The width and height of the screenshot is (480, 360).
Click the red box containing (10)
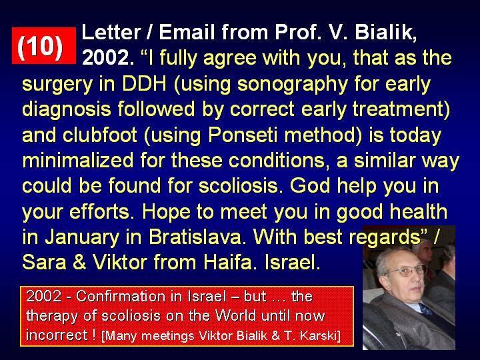44,45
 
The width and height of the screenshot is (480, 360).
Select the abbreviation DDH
144,83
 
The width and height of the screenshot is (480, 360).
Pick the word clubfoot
100,134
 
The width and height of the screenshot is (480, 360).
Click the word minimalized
78,160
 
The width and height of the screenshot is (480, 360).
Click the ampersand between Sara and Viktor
79,263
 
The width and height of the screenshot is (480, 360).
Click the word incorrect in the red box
57,335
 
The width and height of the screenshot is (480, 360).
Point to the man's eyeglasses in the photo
405,271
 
